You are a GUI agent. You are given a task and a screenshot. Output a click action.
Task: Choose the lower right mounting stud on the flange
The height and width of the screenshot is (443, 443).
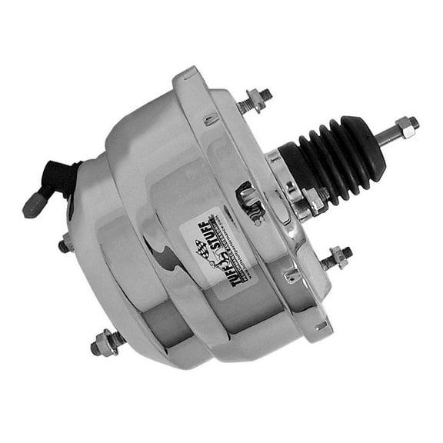point(335,258)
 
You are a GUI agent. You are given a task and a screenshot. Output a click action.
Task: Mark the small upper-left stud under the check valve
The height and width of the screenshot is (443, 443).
point(65,246)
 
